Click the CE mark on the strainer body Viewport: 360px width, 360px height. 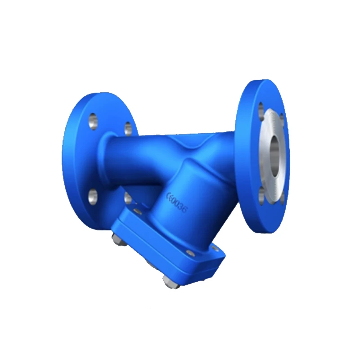click(x=171, y=197)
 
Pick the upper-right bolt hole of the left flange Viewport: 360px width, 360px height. click(x=128, y=128)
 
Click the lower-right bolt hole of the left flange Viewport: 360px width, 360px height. click(x=128, y=197)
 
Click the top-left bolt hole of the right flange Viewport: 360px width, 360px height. click(x=261, y=108)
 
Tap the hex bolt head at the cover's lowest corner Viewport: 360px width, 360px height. click(x=170, y=283)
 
